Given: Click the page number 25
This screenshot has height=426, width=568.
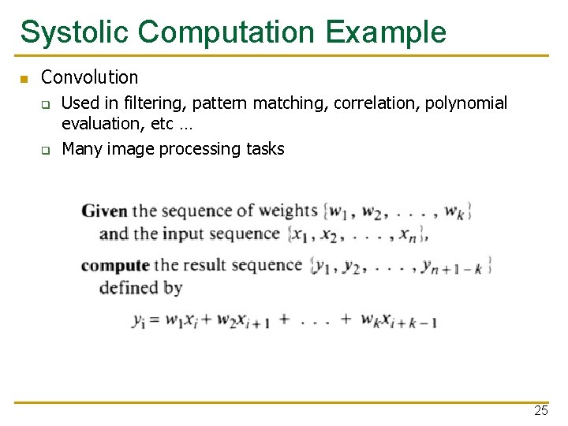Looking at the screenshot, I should [540, 410].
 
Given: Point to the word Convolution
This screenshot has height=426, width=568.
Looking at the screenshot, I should [89, 77].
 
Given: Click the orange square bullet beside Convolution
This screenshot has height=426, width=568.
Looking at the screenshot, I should [24, 79].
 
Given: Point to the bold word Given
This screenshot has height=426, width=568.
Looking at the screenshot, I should [104, 211].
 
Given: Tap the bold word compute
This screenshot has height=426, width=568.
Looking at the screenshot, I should [114, 266].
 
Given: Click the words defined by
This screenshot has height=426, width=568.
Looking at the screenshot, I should [140, 288].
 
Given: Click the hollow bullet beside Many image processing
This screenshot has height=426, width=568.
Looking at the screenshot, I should [47, 150].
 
